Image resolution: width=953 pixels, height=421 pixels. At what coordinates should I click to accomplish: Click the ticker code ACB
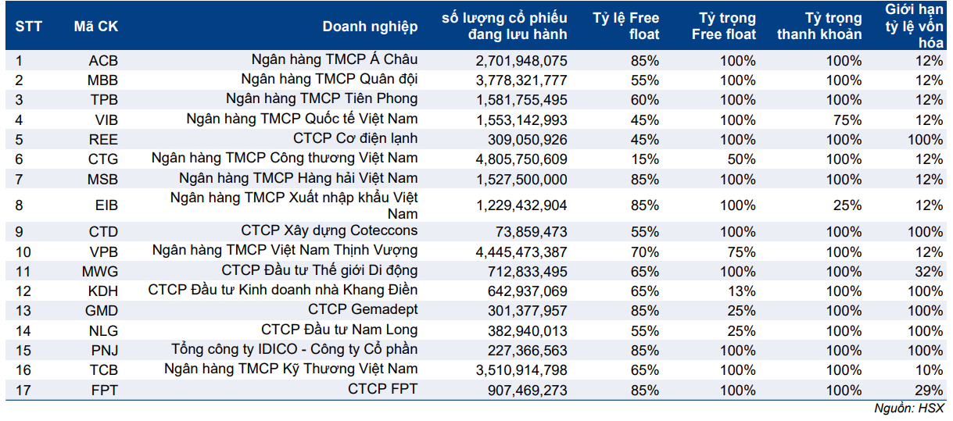pyautogui.click(x=103, y=60)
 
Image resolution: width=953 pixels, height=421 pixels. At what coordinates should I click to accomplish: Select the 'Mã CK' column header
pyautogui.click(x=96, y=26)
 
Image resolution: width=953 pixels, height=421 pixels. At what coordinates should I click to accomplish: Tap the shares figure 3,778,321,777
pyautogui.click(x=521, y=80)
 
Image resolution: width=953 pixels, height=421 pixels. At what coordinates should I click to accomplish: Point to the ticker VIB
pyautogui.click(x=106, y=120)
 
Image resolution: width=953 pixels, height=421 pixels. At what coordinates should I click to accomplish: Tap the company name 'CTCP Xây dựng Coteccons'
pyautogui.click(x=329, y=231)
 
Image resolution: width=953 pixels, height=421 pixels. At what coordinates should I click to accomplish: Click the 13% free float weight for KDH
pyautogui.click(x=742, y=291)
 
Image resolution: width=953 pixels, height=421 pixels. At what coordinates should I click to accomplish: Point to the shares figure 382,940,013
pyautogui.click(x=521, y=330)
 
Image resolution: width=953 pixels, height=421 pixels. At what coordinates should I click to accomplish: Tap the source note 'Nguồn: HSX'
pyautogui.click(x=909, y=409)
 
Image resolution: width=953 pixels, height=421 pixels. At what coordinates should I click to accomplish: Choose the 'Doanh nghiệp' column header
pyautogui.click(x=370, y=26)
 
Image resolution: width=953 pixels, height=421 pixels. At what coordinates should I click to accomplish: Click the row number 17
pyautogui.click(x=23, y=390)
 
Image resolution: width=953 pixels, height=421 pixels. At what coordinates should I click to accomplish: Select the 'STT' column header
pyautogui.click(x=29, y=26)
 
